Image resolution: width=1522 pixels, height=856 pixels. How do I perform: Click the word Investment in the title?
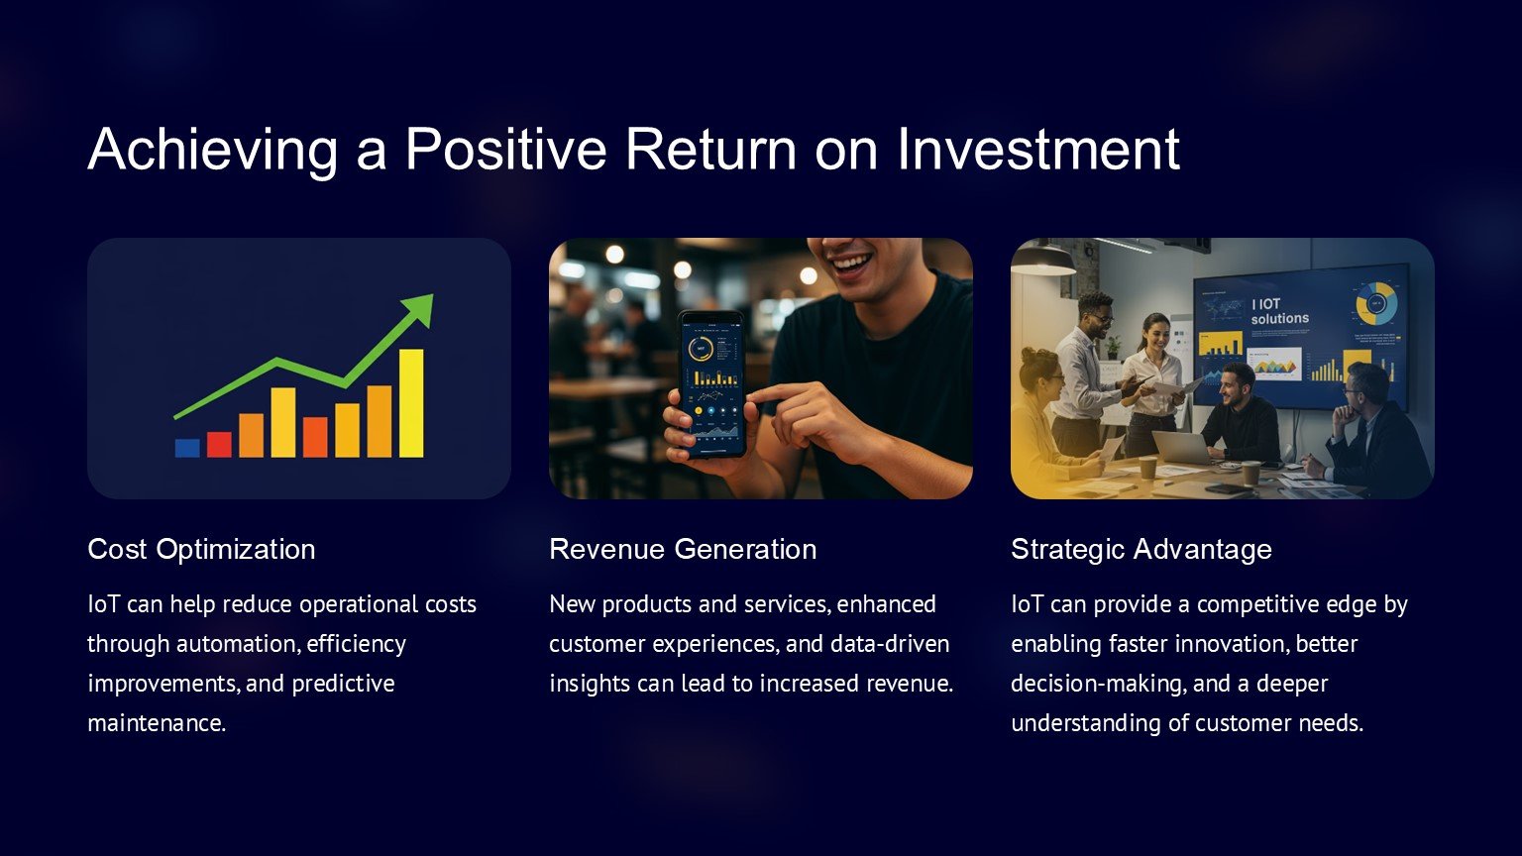1038,149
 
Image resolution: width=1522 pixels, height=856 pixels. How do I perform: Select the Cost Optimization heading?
201,550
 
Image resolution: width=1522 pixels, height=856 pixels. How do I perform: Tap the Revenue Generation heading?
683,549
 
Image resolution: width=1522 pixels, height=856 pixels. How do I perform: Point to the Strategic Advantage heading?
1141,550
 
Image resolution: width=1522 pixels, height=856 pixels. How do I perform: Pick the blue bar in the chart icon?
187,448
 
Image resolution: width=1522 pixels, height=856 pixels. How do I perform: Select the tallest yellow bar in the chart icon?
411,403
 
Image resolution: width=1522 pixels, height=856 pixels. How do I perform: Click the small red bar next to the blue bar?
219,444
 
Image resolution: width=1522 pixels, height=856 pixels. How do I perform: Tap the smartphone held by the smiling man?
712,384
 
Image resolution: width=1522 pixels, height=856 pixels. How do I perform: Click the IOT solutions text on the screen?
1279,311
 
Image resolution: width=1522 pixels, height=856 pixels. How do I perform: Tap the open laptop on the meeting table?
1181,449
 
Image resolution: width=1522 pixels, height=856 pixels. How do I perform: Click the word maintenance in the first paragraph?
156,723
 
